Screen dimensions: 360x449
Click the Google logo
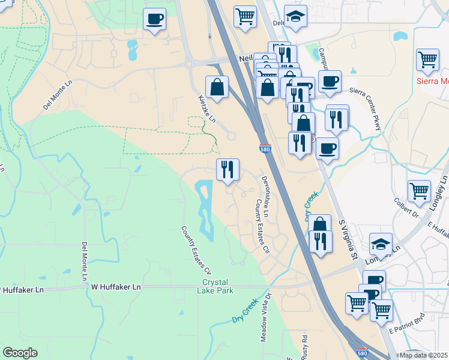click(20, 353)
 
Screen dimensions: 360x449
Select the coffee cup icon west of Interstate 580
click(155, 19)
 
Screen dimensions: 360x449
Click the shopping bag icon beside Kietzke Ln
click(217, 87)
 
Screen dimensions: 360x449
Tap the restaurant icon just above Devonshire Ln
click(228, 170)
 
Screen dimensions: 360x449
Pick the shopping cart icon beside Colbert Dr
click(419, 191)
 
